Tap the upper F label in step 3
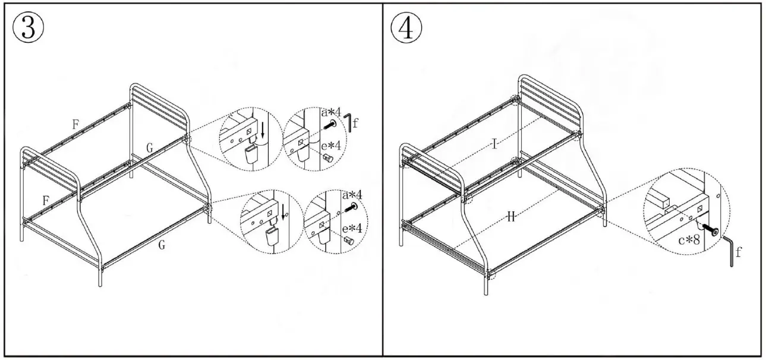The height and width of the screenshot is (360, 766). point(75,125)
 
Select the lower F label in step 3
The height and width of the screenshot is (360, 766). point(46,200)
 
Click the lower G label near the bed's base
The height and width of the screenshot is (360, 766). point(161,245)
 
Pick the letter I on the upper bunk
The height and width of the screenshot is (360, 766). point(494,144)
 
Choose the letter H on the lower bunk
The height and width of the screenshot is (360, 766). point(510,218)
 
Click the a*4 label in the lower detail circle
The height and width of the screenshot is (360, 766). point(352,195)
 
